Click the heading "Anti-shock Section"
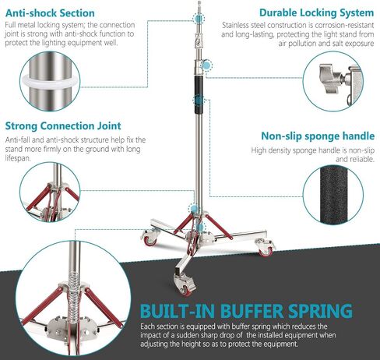[x=50, y=13]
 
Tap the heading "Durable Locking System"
[x=316, y=12]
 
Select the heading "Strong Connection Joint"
[x=63, y=126]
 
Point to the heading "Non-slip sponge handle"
[x=318, y=136]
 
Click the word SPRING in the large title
[x=320, y=311]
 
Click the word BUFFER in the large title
[x=252, y=311]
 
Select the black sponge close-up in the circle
[x=333, y=195]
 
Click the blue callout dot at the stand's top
[x=199, y=19]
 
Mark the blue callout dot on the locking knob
[x=207, y=65]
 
